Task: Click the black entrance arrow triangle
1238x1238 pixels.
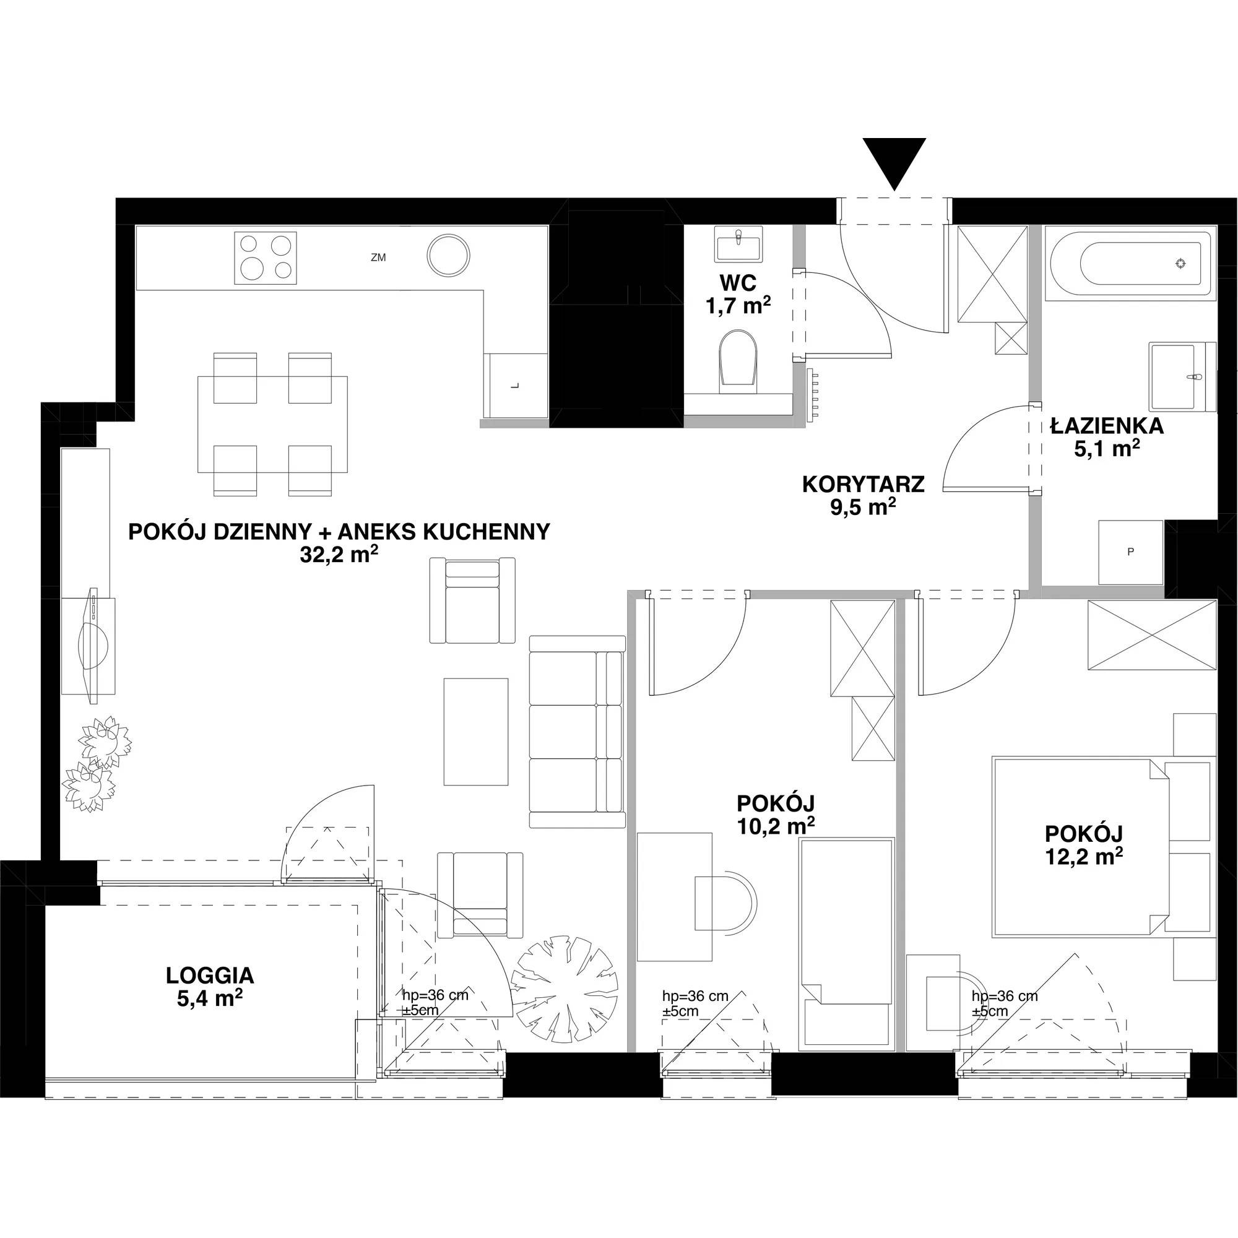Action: click(x=894, y=161)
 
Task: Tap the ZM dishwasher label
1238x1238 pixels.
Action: click(x=378, y=258)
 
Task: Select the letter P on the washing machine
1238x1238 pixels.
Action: click(x=1130, y=551)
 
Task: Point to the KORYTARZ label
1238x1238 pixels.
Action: click(x=863, y=484)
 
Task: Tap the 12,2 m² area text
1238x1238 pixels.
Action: click(x=1084, y=855)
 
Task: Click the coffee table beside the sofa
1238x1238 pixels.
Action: click(x=476, y=732)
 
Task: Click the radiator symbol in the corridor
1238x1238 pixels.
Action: click(x=814, y=394)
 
